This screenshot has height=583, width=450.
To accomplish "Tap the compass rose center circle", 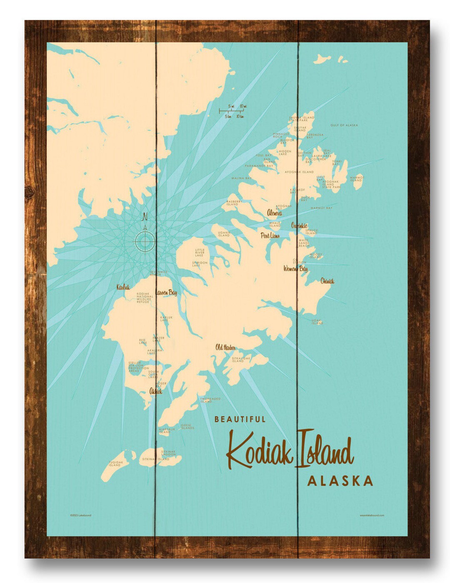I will coord(145,241).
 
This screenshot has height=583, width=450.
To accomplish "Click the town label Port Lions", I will coord(270,236).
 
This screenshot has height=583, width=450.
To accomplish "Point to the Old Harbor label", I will coord(225,347).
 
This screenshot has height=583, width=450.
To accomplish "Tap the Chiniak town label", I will coord(327,281).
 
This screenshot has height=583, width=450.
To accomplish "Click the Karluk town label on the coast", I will coord(123,287).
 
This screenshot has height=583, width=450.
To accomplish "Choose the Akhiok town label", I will coord(155,392).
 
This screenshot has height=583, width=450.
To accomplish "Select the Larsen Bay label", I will coord(167,293).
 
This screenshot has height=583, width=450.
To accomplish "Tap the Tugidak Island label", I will coord(115,464).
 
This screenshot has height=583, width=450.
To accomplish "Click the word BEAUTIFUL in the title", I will coord(240,419).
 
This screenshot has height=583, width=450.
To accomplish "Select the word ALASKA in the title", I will coord(340,481).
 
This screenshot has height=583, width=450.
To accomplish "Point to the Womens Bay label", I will coord(295,269).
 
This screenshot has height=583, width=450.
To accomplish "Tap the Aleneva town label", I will coord(274,213).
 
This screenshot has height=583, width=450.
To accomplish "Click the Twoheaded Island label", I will coord(210,400).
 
